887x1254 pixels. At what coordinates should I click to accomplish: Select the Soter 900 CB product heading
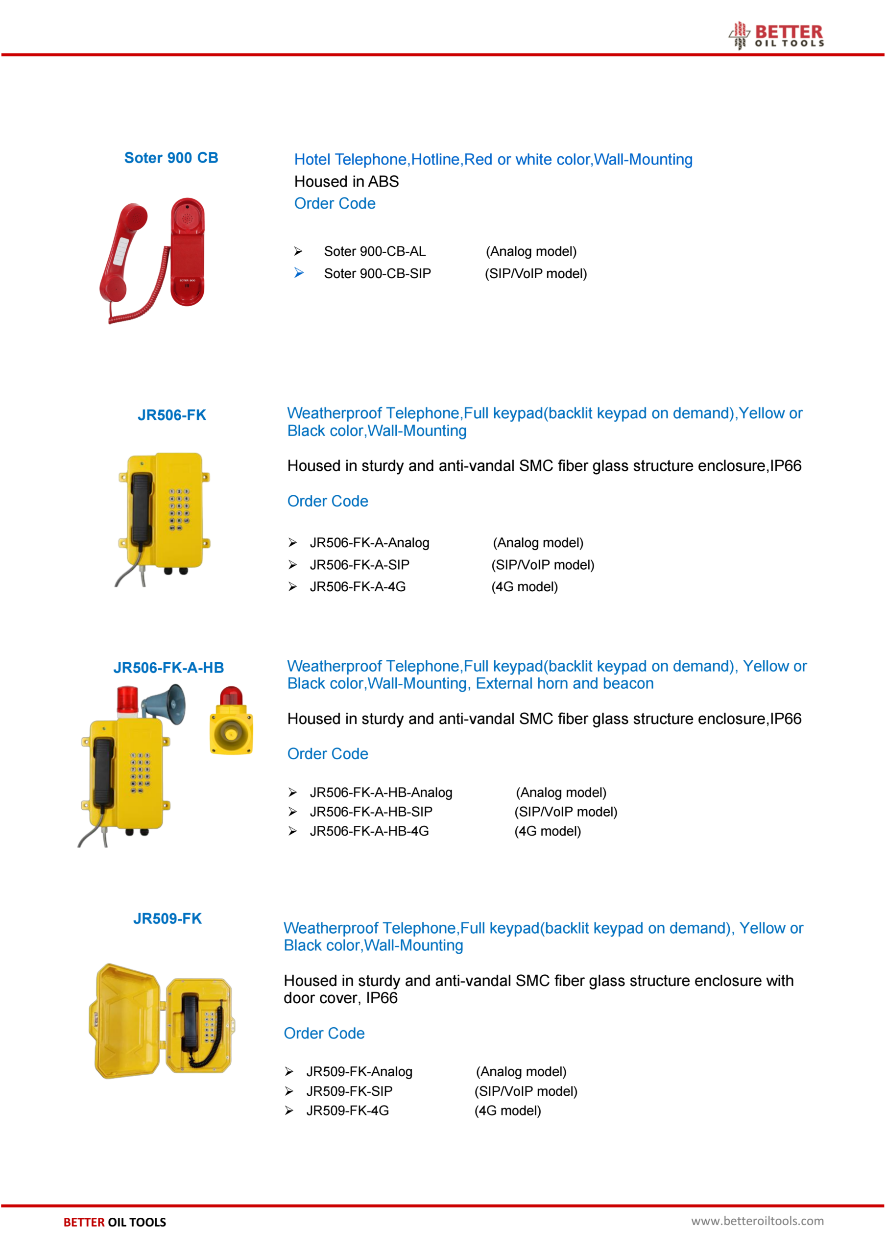[x=171, y=158]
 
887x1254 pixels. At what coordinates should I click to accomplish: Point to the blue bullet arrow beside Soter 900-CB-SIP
[x=298, y=272]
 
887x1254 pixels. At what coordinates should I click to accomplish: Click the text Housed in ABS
[x=346, y=181]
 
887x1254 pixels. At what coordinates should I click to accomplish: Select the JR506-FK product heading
[x=171, y=415]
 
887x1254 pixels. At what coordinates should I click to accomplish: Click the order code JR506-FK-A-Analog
[x=369, y=543]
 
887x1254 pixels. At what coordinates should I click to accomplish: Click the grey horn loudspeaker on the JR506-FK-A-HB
[x=167, y=704]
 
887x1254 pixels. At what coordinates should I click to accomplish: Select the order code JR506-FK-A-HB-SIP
[x=371, y=812]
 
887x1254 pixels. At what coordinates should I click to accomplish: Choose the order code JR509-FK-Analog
[x=359, y=1072]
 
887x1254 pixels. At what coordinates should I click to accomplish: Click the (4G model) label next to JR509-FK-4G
[x=507, y=1111]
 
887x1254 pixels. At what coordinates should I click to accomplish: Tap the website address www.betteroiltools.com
[x=757, y=1221]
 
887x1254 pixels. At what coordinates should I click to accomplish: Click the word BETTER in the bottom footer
[x=84, y=1222]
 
